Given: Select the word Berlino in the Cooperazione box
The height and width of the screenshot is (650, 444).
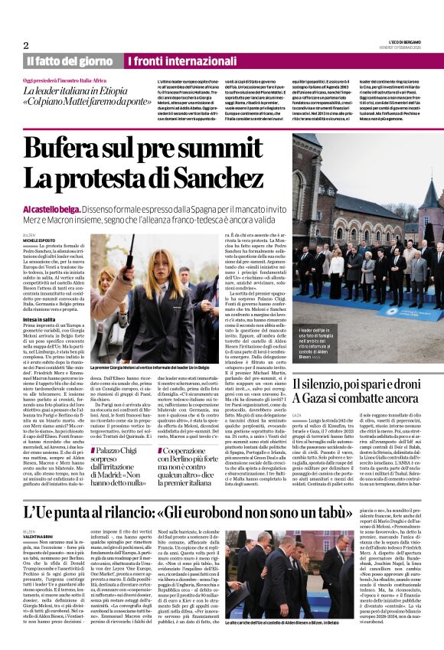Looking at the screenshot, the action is click(204, 442).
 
